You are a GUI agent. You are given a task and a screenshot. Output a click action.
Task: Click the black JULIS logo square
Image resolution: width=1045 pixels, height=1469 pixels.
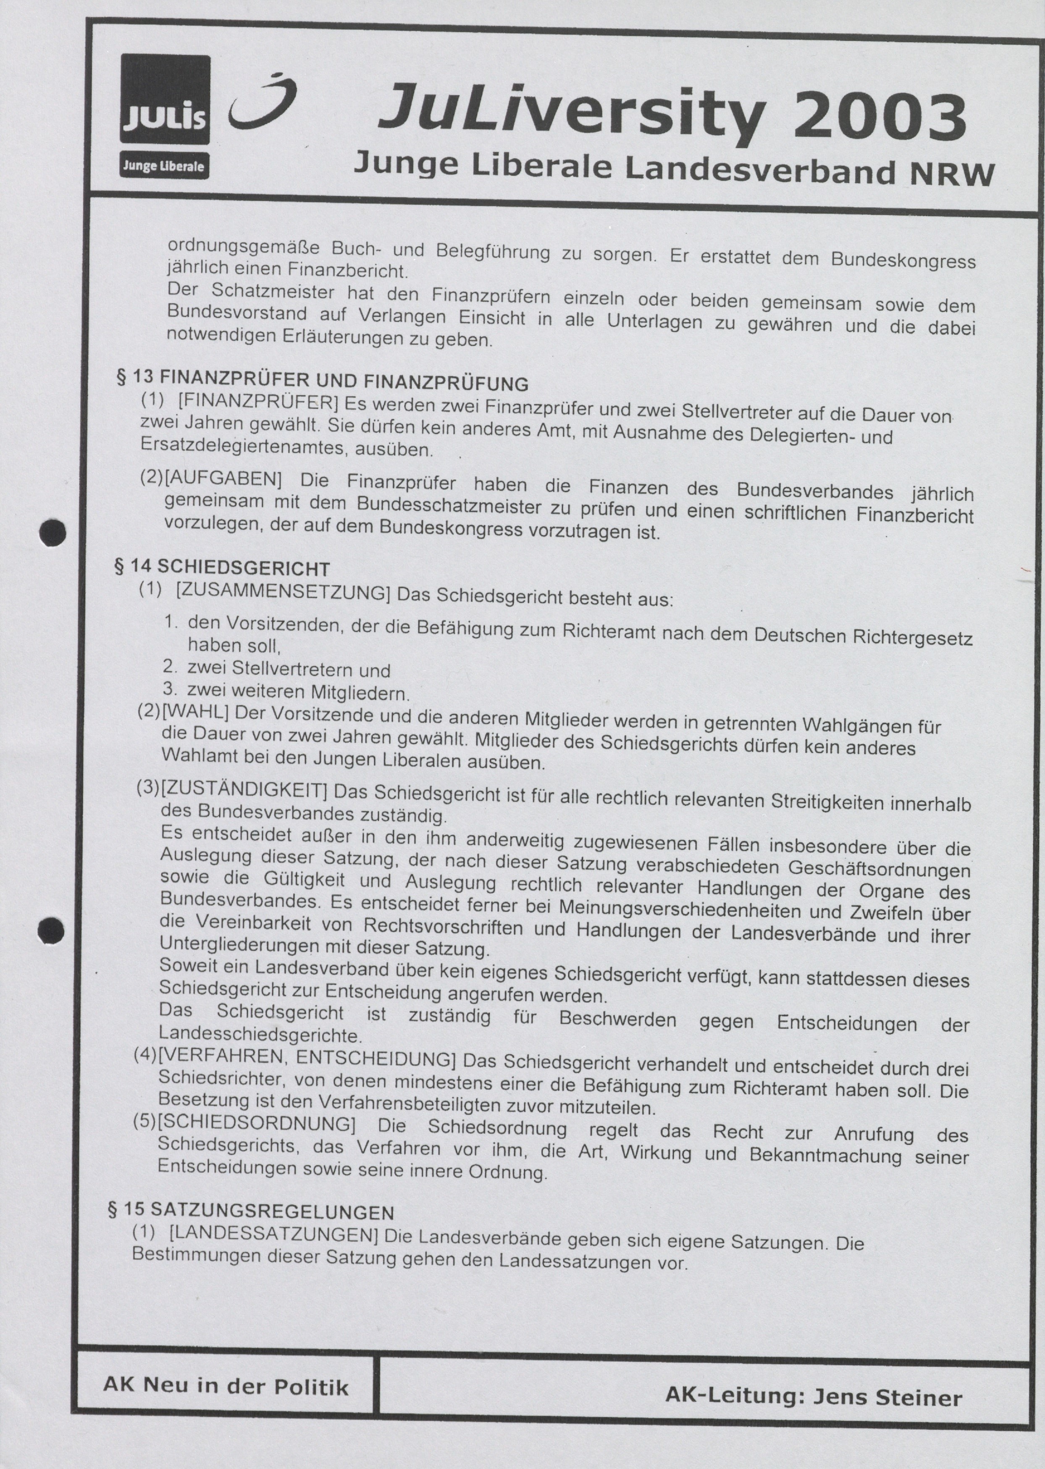pos(165,99)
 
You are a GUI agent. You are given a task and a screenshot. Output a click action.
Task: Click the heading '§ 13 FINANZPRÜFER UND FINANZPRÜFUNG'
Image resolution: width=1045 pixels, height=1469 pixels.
pos(322,381)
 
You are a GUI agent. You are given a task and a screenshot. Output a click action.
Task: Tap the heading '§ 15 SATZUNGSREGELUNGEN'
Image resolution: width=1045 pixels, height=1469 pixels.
pos(250,1211)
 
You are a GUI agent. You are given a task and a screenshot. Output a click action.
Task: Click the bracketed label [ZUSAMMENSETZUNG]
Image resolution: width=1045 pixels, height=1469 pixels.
pos(283,593)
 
